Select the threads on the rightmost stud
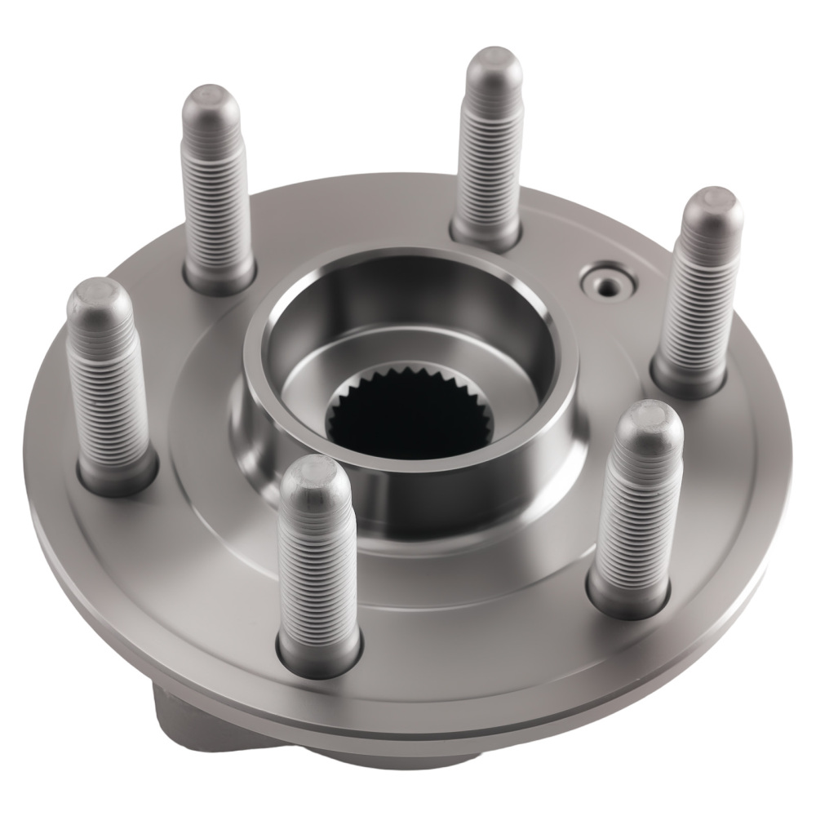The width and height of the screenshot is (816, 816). tap(698, 294)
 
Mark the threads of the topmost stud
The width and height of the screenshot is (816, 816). tap(490, 155)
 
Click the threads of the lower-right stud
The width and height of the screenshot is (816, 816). tap(636, 514)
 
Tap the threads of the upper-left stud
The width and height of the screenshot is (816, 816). tap(216, 196)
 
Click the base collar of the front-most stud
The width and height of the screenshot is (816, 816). tap(320, 653)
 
